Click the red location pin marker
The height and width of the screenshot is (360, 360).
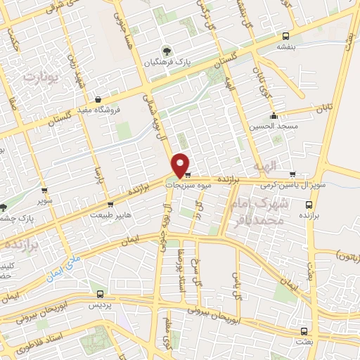pos(181,165)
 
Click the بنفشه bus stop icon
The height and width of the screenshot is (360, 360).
pos(285,37)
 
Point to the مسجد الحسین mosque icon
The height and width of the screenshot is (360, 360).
pos(274,116)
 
